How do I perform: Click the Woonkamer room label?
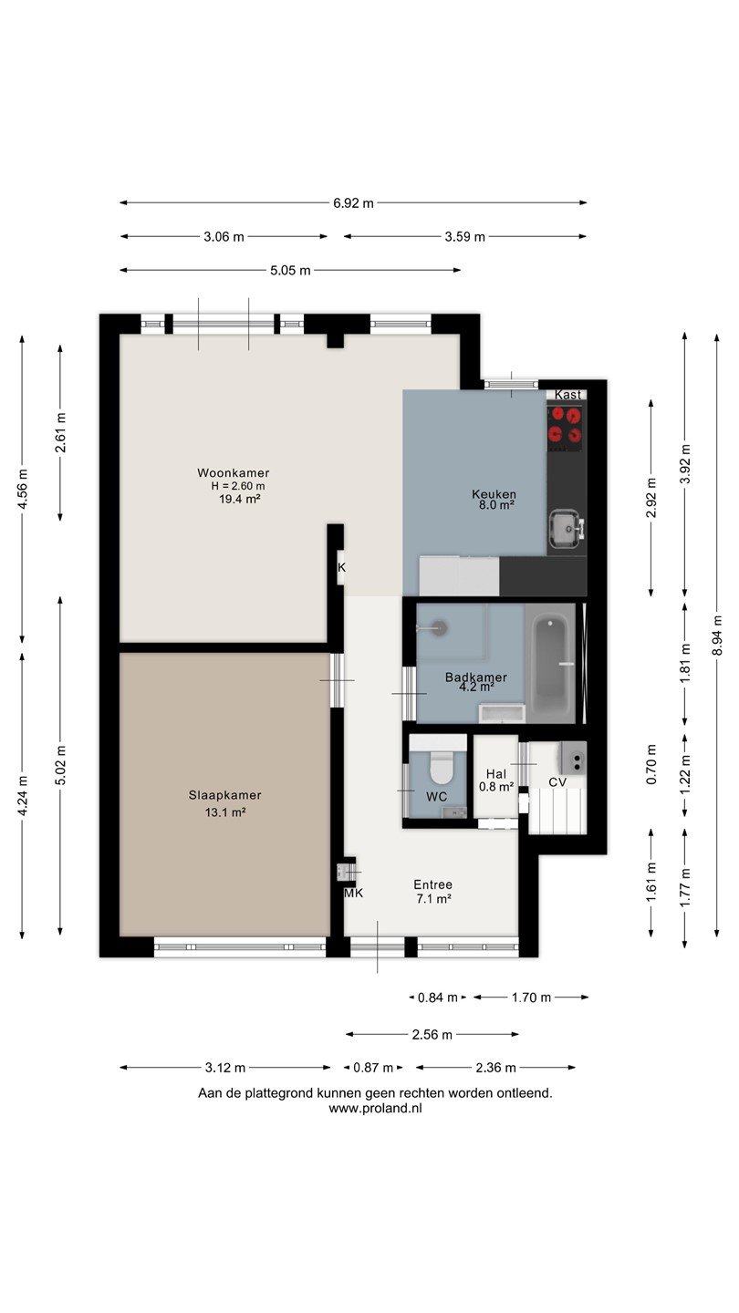click(x=233, y=472)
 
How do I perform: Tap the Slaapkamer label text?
click(x=224, y=795)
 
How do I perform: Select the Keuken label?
click(x=494, y=494)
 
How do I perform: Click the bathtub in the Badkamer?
click(x=550, y=663)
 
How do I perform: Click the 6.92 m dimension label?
click(x=353, y=203)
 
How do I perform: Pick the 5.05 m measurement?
click(x=290, y=271)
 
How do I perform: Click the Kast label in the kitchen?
click(x=567, y=395)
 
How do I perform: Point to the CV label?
click(x=557, y=782)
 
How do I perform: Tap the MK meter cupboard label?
click(x=354, y=893)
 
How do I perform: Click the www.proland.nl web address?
click(x=375, y=1108)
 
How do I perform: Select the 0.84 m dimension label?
click(x=438, y=998)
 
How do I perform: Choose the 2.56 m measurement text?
click(x=432, y=1035)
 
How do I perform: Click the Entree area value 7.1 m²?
click(x=433, y=899)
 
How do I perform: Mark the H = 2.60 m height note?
click(x=238, y=486)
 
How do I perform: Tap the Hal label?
click(x=495, y=774)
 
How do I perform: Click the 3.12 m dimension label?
click(x=225, y=1068)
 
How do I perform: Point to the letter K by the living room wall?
click(x=342, y=567)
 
